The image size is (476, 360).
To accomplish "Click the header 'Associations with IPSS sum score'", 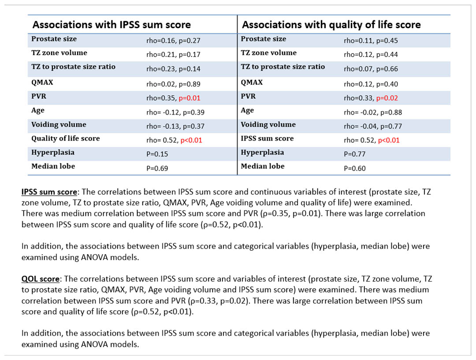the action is point(112,25).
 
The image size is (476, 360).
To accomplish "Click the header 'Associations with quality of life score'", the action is point(331,25).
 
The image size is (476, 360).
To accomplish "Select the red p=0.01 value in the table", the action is point(190,98).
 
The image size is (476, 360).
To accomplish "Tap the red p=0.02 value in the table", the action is point(387,98).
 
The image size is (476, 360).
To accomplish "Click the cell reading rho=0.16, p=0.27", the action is point(173,41).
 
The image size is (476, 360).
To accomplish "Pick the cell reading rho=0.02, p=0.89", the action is point(173,84).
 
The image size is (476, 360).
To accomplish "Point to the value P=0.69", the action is point(157,168).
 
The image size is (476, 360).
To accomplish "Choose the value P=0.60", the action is point(354,168).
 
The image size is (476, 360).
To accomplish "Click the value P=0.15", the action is point(157,154).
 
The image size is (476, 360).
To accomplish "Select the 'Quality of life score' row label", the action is point(66,138).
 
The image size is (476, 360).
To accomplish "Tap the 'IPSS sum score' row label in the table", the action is point(267,138).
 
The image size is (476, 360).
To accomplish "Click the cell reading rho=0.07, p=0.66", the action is point(371,69).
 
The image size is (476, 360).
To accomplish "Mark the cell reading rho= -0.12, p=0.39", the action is point(175,112).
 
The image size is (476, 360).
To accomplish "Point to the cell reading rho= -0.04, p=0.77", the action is point(373,126).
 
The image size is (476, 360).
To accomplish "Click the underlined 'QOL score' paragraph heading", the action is point(41,279).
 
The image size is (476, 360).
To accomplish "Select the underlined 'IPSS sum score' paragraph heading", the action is point(49,192).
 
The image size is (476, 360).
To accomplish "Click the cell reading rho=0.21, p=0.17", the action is point(173,55).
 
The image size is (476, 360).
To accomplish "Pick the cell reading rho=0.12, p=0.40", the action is point(371,84).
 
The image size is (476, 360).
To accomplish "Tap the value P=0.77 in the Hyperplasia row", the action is point(354,154).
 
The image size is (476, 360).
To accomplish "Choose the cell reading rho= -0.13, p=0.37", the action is point(175,126).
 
